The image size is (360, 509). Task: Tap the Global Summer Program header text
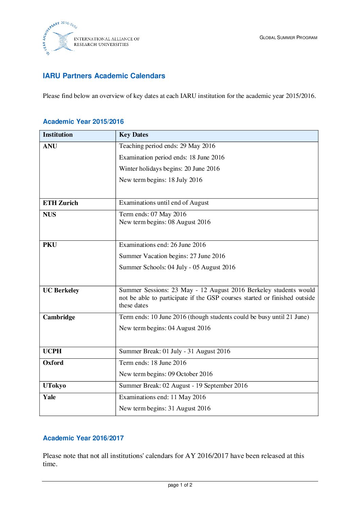288,37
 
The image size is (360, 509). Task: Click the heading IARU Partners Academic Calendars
104,76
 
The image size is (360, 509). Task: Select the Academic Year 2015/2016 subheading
83,121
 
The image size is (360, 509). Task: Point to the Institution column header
58,135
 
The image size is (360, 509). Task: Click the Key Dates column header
133,135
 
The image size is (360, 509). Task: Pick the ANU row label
50,146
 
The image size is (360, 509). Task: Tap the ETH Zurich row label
61,203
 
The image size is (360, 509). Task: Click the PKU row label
50,245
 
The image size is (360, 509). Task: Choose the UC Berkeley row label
61,290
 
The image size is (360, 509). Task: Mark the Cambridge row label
59,317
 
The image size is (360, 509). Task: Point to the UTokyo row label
54,386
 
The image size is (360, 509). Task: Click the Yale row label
49,397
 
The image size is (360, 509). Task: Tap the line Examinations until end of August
164,203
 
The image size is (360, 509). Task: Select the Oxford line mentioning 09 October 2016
166,374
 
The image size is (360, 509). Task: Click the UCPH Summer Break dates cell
175,351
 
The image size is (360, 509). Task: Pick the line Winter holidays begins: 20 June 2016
169,169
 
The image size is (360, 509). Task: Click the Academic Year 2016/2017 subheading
83,438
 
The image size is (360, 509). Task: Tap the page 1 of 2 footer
180,485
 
